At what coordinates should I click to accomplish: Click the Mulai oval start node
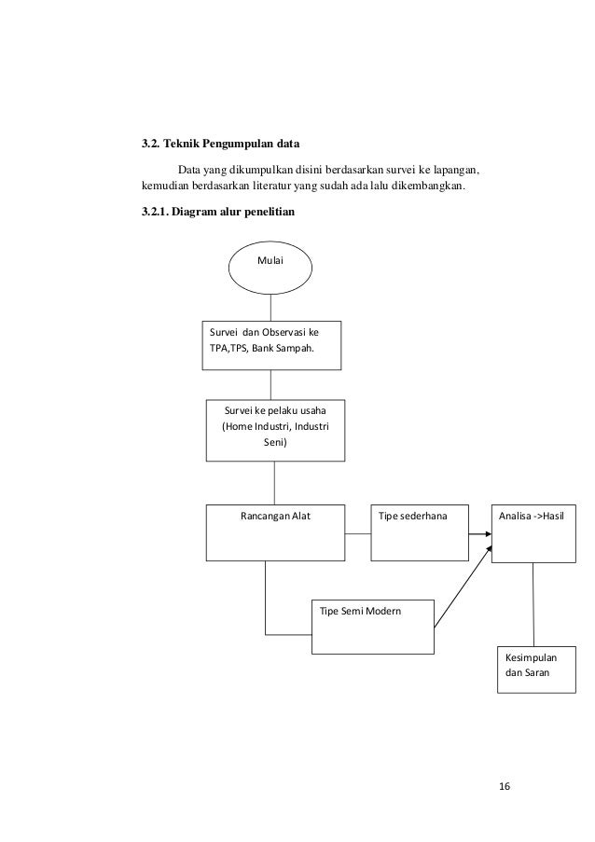270,267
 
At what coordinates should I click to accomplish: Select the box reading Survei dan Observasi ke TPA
271,345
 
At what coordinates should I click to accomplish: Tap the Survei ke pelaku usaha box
275,430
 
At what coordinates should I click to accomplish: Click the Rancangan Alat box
275,532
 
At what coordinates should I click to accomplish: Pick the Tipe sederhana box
420,532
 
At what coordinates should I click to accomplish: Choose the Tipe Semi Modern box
373,627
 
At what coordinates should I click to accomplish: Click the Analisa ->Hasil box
533,533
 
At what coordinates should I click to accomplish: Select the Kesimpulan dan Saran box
536,669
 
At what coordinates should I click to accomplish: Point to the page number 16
505,786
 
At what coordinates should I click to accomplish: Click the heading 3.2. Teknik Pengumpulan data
221,144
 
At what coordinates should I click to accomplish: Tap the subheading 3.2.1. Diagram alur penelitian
218,212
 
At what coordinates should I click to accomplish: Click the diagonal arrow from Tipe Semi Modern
463,587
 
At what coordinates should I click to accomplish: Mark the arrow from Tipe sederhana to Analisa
480,533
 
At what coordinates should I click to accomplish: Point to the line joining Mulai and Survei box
270,308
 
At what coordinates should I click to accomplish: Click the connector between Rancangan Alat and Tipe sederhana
357,533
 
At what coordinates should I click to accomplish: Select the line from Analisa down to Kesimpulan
533,604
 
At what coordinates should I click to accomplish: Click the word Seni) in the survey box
275,443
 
